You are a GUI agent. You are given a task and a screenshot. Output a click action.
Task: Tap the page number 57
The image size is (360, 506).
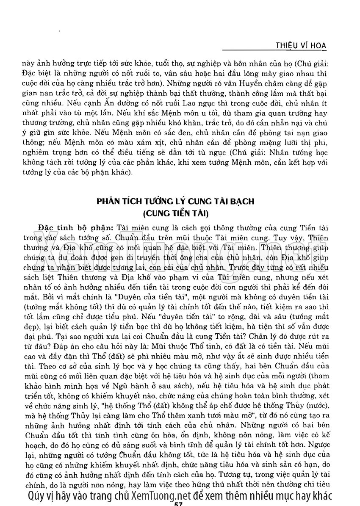[x=178, y=503]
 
